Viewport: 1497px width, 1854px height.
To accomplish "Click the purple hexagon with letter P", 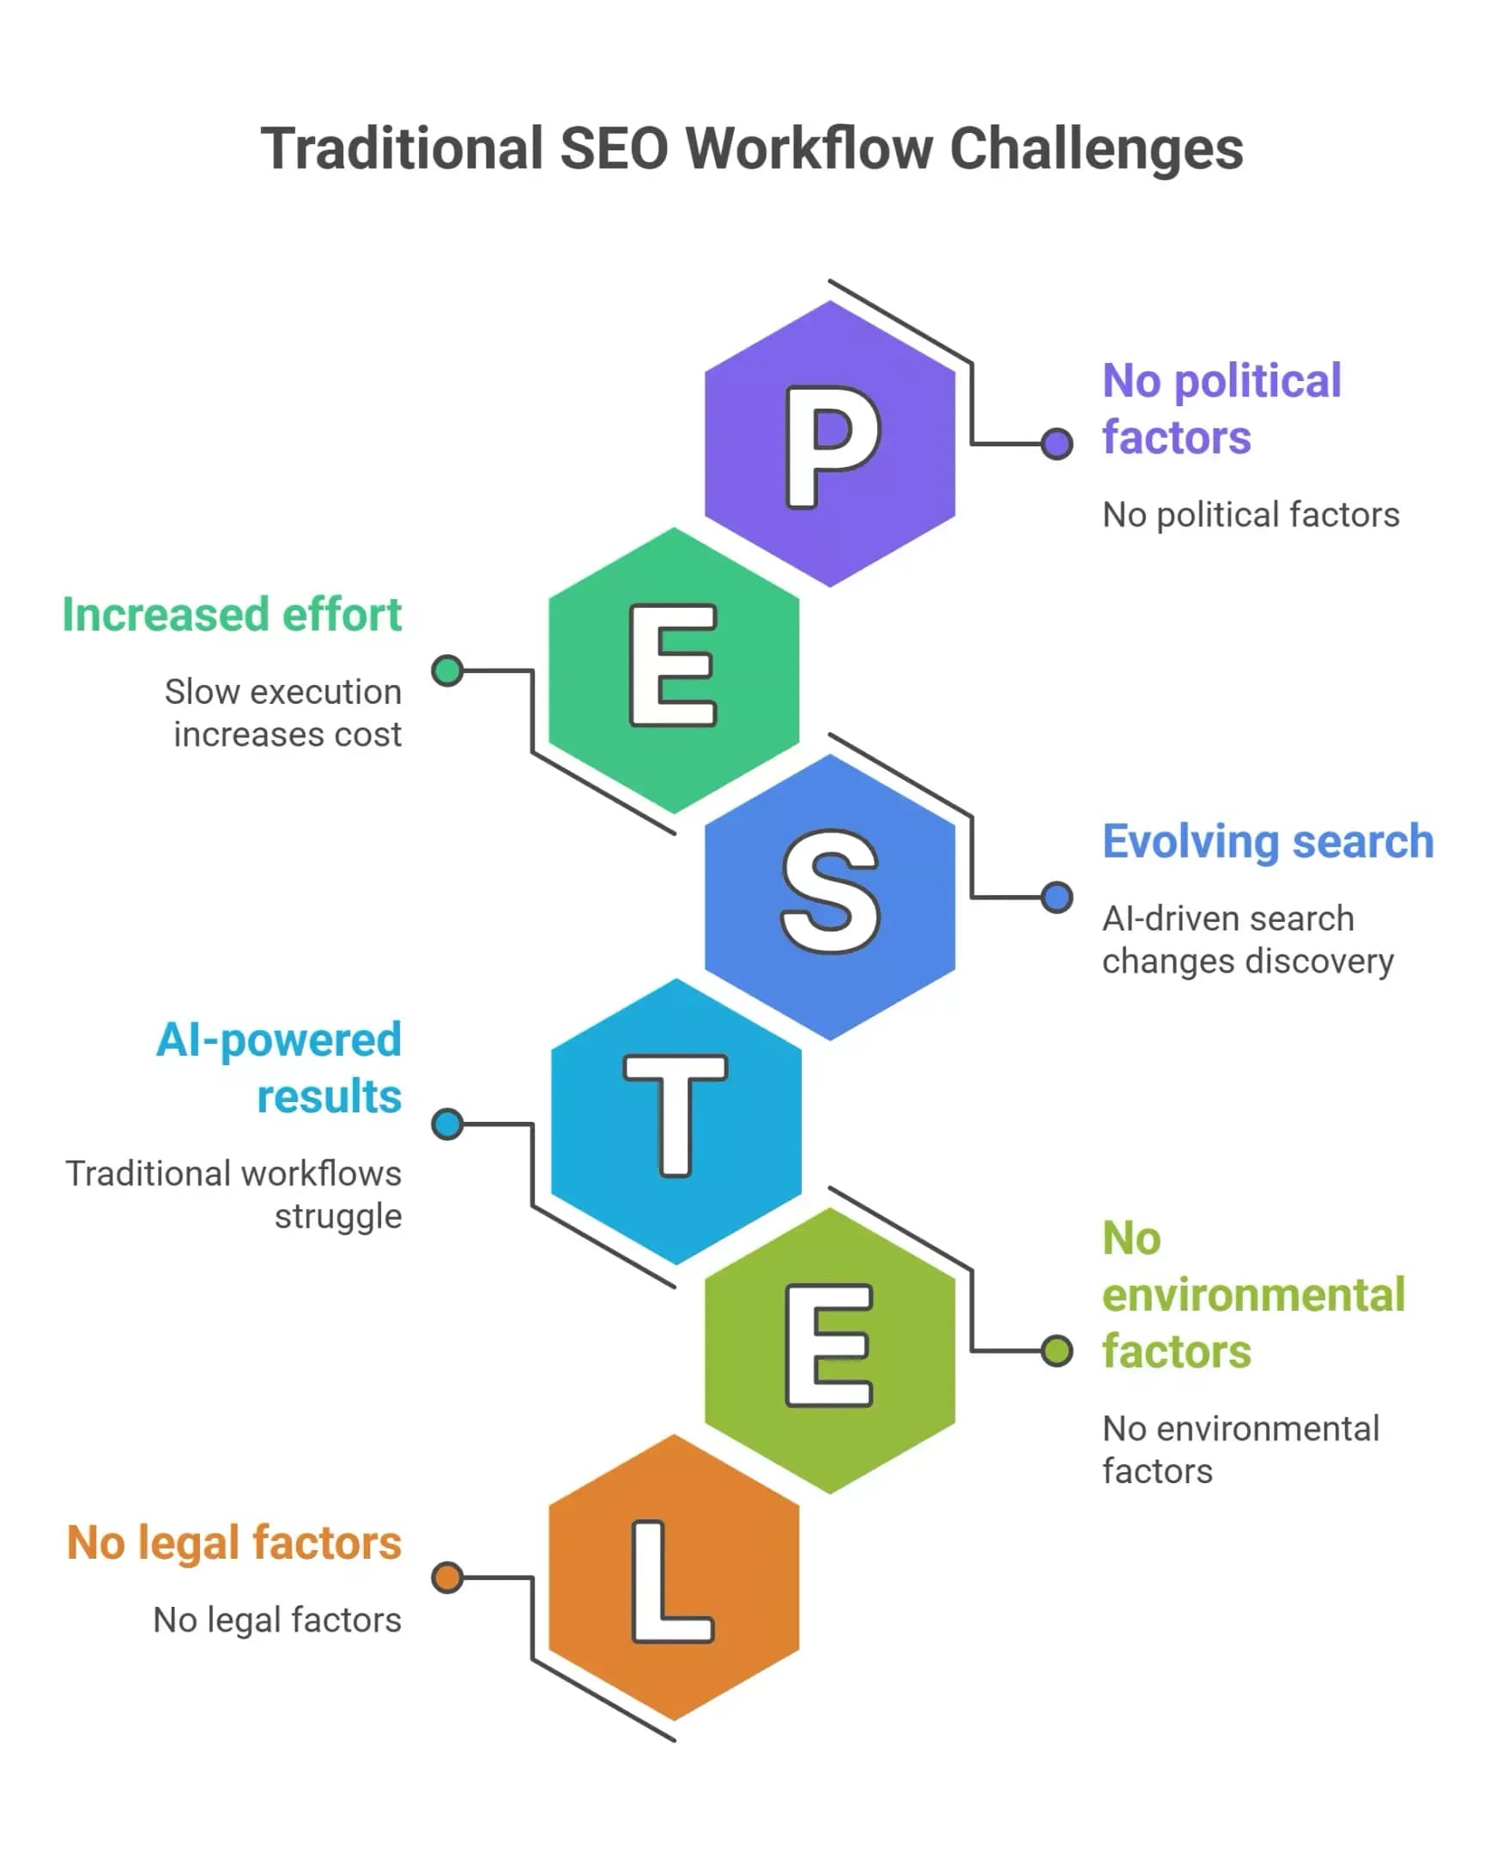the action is click(x=829, y=443).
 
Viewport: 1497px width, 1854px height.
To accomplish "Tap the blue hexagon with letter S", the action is click(x=829, y=897).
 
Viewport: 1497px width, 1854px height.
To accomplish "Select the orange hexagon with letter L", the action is click(x=674, y=1578).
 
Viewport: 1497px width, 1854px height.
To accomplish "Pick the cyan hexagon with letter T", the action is click(x=676, y=1122).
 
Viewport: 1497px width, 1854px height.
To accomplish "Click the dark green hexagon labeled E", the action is click(x=674, y=670).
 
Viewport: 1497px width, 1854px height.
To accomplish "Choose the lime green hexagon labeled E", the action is click(x=829, y=1350).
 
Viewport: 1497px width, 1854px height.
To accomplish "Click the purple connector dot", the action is click(x=1057, y=444).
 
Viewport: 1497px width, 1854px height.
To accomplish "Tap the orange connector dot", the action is click(x=447, y=1578).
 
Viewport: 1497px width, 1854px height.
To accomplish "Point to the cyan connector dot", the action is click(x=447, y=1124).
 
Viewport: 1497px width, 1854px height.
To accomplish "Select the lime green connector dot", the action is click(x=1057, y=1350).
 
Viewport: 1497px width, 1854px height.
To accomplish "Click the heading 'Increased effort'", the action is click(x=232, y=615).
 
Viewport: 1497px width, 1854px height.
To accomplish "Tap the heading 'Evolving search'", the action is click(x=1268, y=842).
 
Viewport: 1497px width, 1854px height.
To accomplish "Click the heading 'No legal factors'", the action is click(x=233, y=1542).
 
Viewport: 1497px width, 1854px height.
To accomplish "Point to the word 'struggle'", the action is click(x=338, y=1217).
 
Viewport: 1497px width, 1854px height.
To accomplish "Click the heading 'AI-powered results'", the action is click(x=278, y=1068).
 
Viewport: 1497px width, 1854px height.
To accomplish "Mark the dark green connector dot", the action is click(x=447, y=670).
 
